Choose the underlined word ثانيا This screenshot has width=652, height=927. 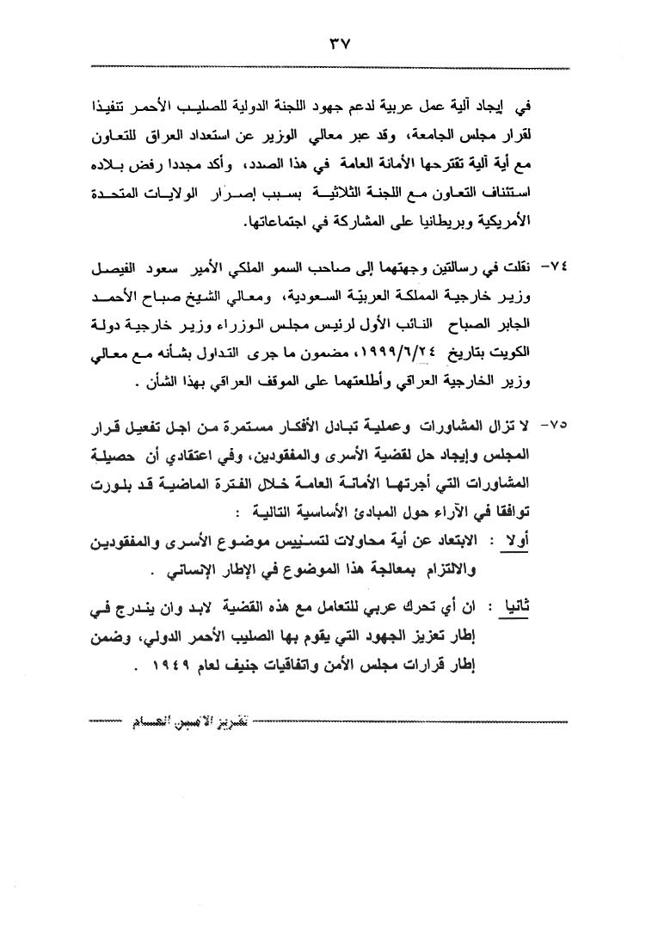pyautogui.click(x=545, y=614)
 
